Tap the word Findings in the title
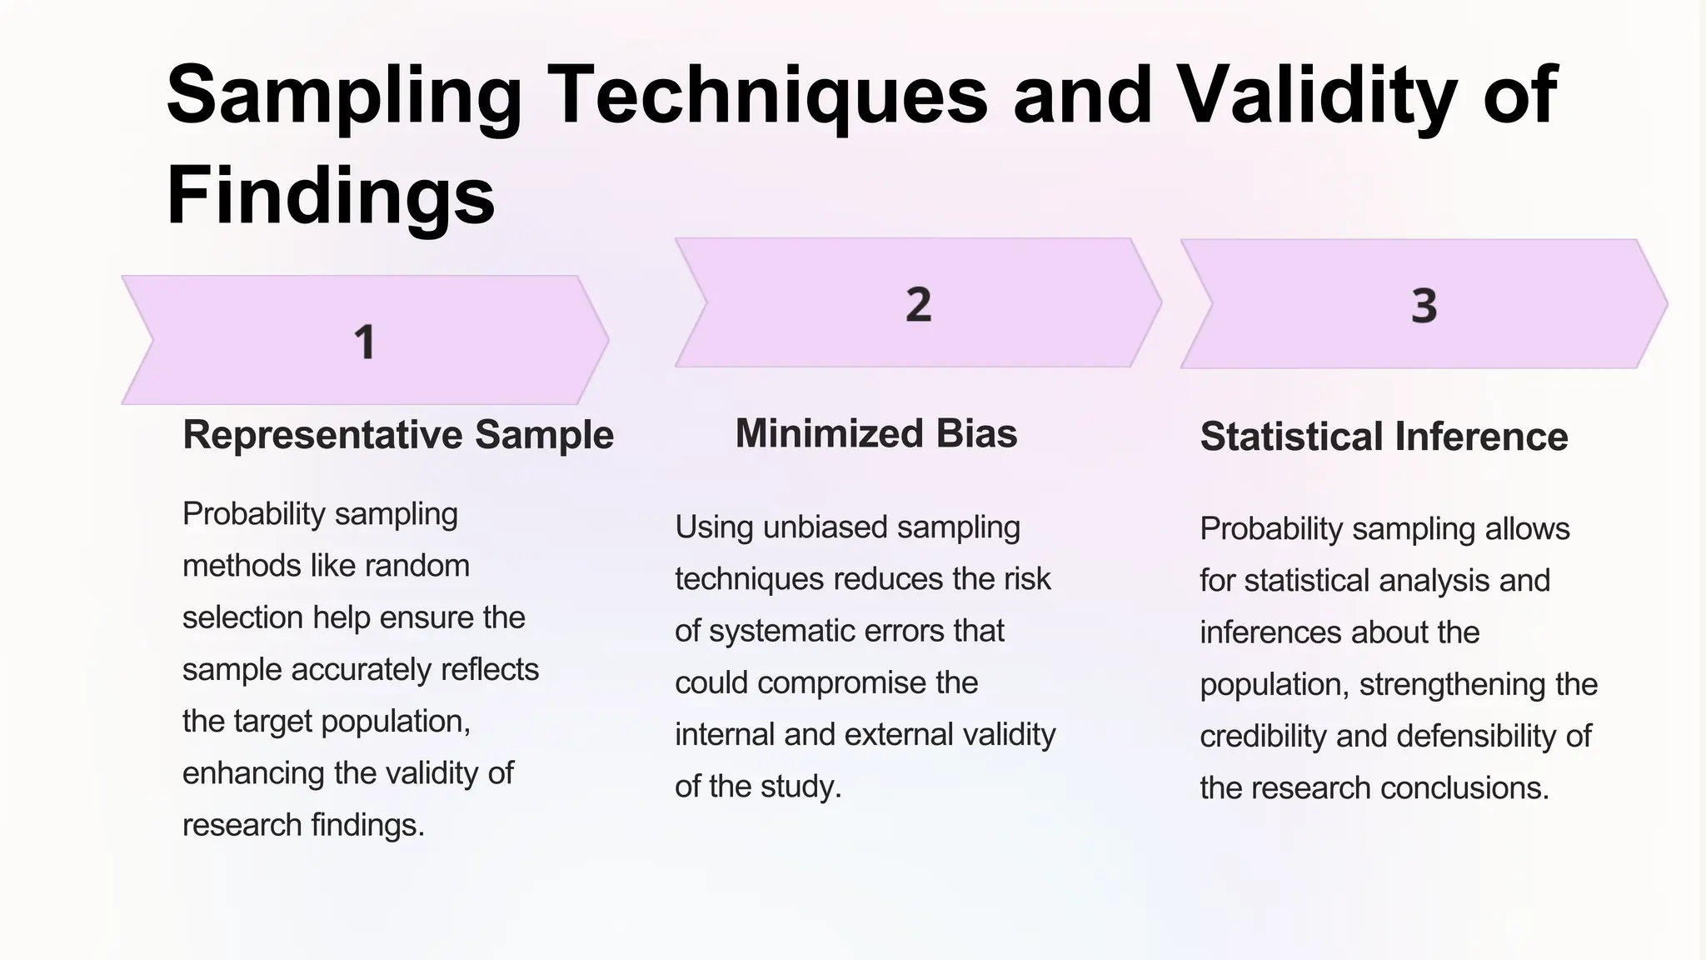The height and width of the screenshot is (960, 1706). [x=331, y=197]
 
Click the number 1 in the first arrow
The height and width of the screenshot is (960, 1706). [x=365, y=342]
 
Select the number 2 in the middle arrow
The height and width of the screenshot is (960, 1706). [x=918, y=304]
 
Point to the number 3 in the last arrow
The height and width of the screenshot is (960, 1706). [x=1424, y=306]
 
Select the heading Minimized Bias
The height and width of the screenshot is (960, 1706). [x=876, y=434]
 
